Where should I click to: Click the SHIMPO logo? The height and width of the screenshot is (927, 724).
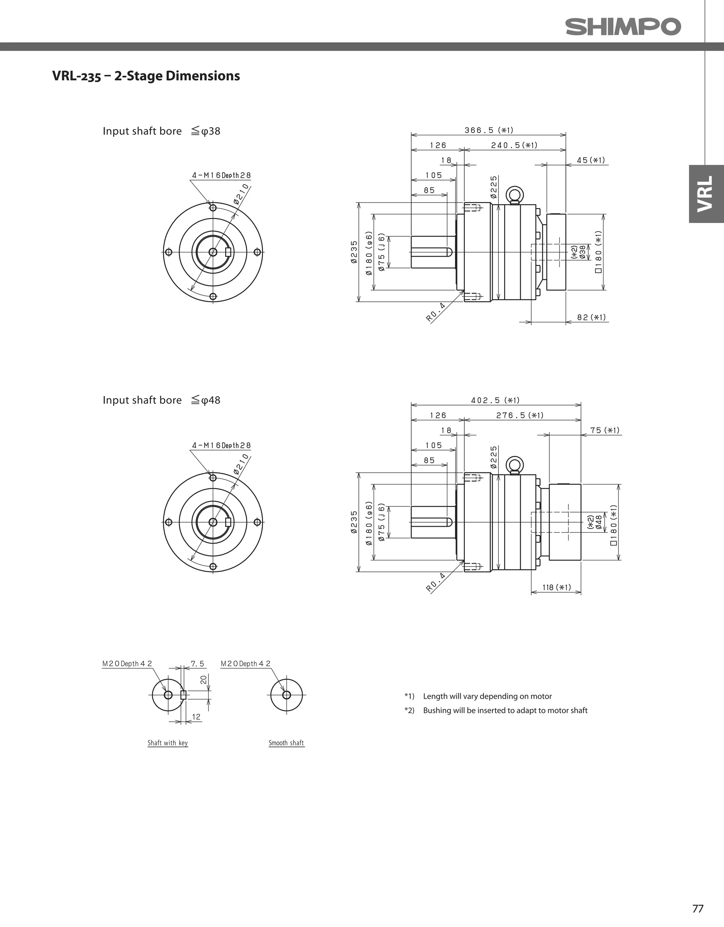coord(623,27)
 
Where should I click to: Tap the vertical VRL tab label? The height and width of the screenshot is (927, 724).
coord(706,194)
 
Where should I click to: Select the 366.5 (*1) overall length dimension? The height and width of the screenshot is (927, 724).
coord(489,130)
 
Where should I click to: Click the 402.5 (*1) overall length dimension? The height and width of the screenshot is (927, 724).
coord(495,400)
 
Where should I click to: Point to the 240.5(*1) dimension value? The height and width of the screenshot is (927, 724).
coord(514,145)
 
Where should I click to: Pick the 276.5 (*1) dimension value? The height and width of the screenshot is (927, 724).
coord(520,415)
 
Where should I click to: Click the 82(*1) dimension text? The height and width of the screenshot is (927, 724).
coord(591,317)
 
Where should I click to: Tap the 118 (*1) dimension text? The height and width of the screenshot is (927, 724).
coord(556,587)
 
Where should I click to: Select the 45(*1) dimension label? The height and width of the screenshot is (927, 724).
coord(591,160)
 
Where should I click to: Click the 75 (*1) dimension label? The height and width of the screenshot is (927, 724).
coord(605,430)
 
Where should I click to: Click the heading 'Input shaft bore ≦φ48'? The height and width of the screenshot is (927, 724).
coord(161,400)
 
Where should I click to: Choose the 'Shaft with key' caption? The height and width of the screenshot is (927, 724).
coord(168,743)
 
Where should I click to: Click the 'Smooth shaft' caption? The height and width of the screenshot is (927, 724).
coord(286,743)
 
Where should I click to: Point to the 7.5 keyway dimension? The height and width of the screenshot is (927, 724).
coord(197,664)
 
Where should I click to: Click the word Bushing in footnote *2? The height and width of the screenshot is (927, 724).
coord(437,710)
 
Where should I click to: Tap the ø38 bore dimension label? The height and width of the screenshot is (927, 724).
coord(583,251)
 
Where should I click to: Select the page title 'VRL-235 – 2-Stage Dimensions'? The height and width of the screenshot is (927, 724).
coord(146,76)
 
